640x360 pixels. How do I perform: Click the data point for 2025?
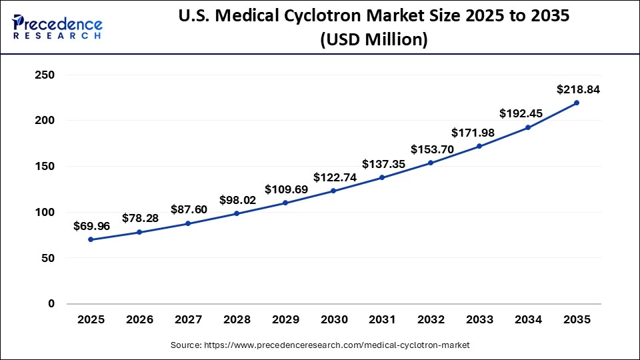91,239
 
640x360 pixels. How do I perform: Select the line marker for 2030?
333,191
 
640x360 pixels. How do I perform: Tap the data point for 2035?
577,103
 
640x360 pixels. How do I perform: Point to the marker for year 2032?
431,163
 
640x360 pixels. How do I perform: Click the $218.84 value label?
578,89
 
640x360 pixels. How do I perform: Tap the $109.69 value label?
287,189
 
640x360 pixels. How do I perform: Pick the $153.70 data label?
432,149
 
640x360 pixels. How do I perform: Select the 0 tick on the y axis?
51,303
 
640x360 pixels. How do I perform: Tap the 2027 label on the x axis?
188,320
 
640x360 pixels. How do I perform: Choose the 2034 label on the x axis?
528,320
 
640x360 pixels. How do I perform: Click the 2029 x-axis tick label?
285,320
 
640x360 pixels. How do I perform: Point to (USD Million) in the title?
373,40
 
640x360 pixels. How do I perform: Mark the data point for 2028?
237,214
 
